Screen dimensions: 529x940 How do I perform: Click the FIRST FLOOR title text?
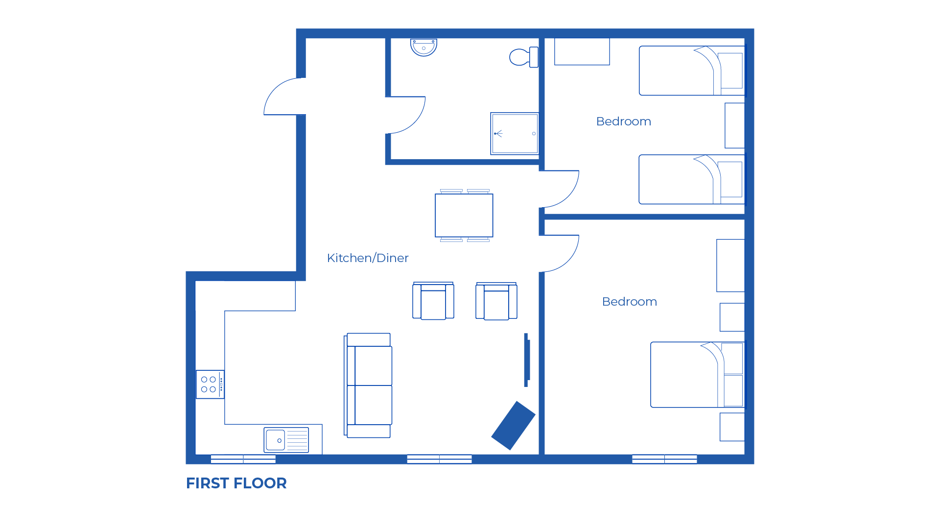click(236, 483)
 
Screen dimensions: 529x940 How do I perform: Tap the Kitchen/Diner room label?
click(367, 258)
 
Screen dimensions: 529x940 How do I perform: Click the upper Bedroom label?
click(623, 121)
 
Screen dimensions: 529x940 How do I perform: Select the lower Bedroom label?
click(629, 302)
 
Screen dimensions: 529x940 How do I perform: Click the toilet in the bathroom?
click(523, 57)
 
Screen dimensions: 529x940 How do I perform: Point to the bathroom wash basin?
click(423, 48)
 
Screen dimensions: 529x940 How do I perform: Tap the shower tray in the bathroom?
click(515, 134)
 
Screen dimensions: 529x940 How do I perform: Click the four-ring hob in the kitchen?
click(210, 385)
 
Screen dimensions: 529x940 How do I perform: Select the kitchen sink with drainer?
click(286, 440)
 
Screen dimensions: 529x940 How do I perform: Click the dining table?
click(464, 216)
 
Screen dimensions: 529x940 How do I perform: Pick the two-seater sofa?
click(369, 385)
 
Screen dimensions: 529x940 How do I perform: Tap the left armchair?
click(433, 302)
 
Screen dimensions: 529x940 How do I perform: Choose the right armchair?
click(496, 302)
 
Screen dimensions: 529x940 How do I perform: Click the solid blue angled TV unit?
click(513, 425)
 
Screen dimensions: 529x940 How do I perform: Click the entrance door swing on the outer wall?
click(282, 98)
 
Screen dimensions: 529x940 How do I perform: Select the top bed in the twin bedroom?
click(691, 71)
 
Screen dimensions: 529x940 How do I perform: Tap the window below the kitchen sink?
click(243, 459)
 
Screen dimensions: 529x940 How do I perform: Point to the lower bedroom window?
click(664, 459)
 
